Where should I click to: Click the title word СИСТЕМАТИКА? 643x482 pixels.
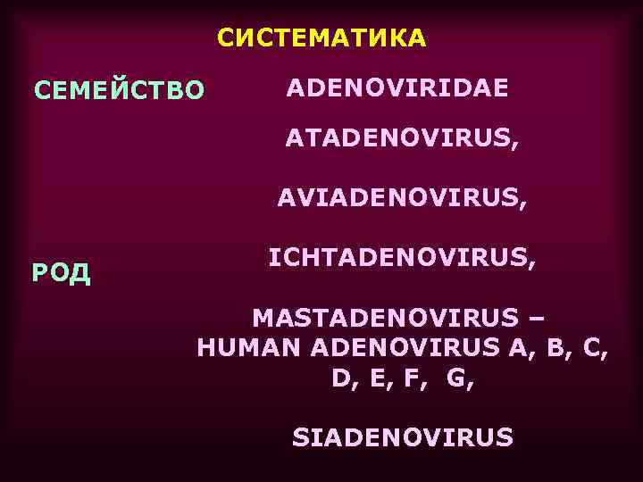(x=322, y=38)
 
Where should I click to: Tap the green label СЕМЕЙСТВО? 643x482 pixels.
(x=119, y=90)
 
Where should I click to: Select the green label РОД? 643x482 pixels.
(x=61, y=272)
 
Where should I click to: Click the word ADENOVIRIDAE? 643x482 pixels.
(x=397, y=88)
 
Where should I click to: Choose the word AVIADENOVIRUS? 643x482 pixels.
(x=398, y=199)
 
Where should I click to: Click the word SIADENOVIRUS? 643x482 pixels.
(x=403, y=437)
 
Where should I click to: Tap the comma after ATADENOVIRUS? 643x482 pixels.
(x=513, y=145)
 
